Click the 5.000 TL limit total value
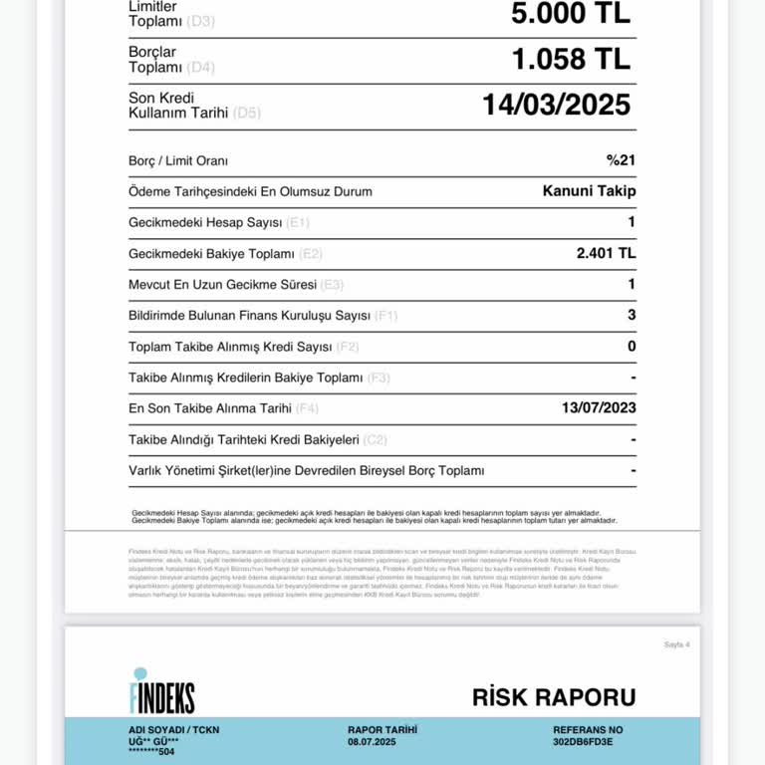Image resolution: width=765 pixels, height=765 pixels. [x=570, y=13]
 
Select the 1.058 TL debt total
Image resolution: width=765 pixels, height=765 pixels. [x=570, y=59]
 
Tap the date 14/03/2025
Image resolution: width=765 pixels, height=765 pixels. [x=556, y=105]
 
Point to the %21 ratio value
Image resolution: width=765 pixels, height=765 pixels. [x=621, y=160]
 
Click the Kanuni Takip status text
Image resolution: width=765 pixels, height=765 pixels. [x=589, y=191]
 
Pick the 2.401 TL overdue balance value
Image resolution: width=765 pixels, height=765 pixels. [x=606, y=253]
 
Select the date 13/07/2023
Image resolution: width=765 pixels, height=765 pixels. [x=599, y=407]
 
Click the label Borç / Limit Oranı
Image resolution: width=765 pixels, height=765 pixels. [x=178, y=161]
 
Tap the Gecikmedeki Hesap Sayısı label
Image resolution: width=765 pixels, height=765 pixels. [x=205, y=223]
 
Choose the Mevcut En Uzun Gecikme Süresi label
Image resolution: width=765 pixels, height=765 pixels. [x=222, y=285]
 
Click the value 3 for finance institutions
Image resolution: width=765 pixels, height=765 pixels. [x=632, y=316]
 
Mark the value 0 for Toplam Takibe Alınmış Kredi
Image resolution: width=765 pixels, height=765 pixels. [x=632, y=347]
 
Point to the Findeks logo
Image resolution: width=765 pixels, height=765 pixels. [x=161, y=690]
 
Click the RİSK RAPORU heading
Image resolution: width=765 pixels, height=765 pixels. [x=553, y=697]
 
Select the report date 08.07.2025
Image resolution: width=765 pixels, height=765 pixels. [x=372, y=742]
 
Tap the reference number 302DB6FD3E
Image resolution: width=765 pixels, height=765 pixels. [x=583, y=742]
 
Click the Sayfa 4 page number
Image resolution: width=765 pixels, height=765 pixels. [x=676, y=644]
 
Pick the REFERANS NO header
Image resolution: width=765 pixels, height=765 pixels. [x=588, y=729]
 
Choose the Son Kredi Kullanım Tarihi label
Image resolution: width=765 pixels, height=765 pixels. [x=178, y=105]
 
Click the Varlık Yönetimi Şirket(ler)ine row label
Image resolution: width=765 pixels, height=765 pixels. [x=306, y=470]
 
